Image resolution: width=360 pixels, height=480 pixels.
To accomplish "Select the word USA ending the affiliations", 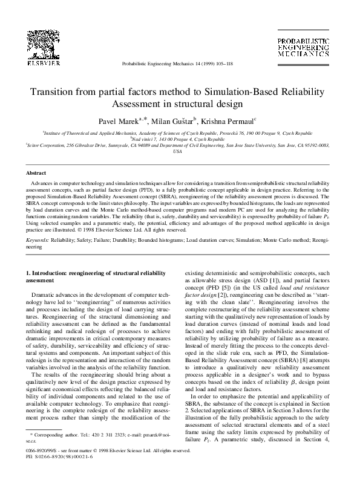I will click(177, 152).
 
